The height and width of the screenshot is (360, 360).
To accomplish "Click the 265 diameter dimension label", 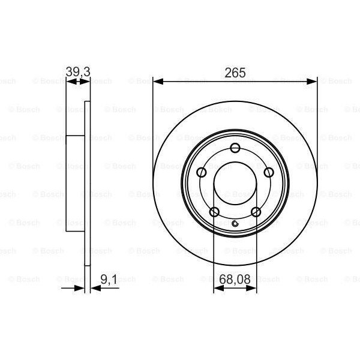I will [x=235, y=72].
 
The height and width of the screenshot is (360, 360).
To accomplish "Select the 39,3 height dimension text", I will [x=77, y=72].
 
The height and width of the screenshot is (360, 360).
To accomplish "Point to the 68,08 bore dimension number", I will [x=235, y=278].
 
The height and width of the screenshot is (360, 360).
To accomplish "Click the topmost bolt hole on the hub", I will [x=235, y=149].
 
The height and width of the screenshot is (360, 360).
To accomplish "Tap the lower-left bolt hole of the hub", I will [x=214, y=212].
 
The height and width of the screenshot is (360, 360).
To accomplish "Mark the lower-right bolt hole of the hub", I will [x=256, y=212].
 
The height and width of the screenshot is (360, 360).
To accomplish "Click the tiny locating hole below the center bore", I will [x=235, y=225].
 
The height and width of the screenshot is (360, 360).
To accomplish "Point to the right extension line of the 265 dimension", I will [x=317, y=120].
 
